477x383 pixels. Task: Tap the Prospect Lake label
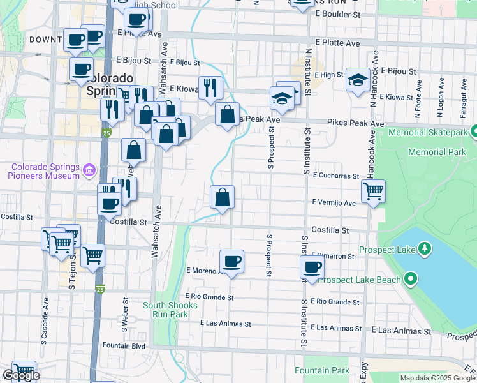pyautogui.click(x=386, y=249)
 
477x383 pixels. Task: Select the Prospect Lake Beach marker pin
pyautogui.click(x=411, y=279)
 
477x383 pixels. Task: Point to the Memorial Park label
pyautogui.click(x=437, y=152)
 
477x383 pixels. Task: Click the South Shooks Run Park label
pyautogui.click(x=165, y=310)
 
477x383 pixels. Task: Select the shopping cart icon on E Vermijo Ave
pyautogui.click(x=372, y=190)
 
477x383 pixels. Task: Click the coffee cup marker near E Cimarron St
pyautogui.click(x=312, y=267)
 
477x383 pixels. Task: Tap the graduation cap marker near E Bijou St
pyautogui.click(x=358, y=80)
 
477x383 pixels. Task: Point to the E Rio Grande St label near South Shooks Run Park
pyautogui.click(x=209, y=297)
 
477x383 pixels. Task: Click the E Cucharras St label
pyautogui.click(x=336, y=174)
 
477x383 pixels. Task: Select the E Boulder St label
pyautogui.click(x=337, y=13)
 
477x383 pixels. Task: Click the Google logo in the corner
pyautogui.click(x=20, y=375)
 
